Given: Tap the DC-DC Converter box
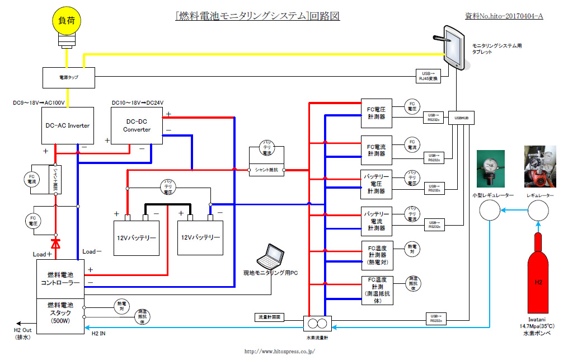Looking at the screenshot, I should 137,126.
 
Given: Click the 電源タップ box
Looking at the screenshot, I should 69,77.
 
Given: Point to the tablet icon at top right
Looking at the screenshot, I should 453,46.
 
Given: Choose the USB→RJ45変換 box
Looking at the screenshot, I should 429,76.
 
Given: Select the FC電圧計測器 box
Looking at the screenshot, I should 376,113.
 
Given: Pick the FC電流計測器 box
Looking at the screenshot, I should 376,149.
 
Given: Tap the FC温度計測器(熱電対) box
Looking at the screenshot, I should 377,255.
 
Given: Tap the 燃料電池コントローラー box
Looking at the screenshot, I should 60,279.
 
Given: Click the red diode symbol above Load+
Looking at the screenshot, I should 55,243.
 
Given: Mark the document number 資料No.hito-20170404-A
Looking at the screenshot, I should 504,16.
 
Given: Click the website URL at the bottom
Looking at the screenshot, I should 280,351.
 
